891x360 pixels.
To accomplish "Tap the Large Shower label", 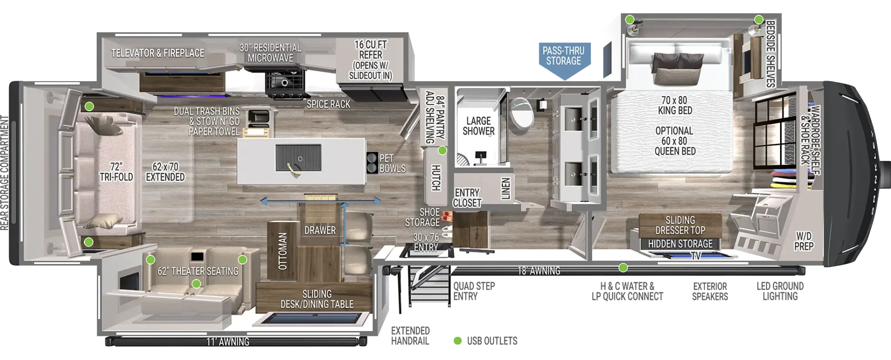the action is click(478, 126).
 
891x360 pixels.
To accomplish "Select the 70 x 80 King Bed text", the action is click(675, 105).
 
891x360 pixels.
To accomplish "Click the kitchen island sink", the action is click(298, 158).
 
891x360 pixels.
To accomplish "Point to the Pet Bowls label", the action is click(393, 163).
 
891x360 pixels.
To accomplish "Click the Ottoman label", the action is click(283, 251).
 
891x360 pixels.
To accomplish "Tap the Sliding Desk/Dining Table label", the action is click(317, 299).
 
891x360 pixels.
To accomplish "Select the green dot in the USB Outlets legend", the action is click(458, 341).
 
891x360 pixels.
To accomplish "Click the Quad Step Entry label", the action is click(474, 291).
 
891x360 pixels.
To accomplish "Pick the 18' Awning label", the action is click(539, 270).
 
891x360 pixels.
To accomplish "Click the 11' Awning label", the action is click(228, 342).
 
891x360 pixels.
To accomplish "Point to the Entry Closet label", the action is click(467, 198).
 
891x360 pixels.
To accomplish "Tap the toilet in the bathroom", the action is click(522, 113).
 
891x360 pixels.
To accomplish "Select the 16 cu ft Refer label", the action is click(370, 60).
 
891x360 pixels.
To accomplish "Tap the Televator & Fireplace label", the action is click(158, 53).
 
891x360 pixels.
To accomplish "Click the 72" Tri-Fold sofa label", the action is click(116, 172).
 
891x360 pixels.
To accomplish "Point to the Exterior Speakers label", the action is click(710, 291).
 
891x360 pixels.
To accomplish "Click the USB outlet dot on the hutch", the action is click(442, 151).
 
